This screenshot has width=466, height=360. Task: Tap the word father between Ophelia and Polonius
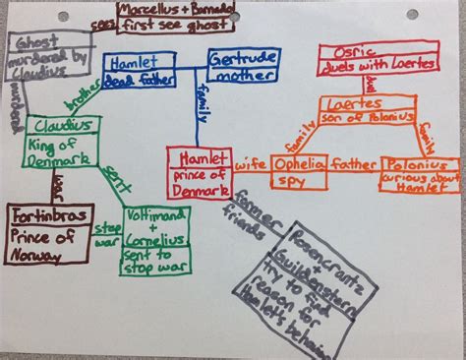pyautogui.click(x=354, y=161)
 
